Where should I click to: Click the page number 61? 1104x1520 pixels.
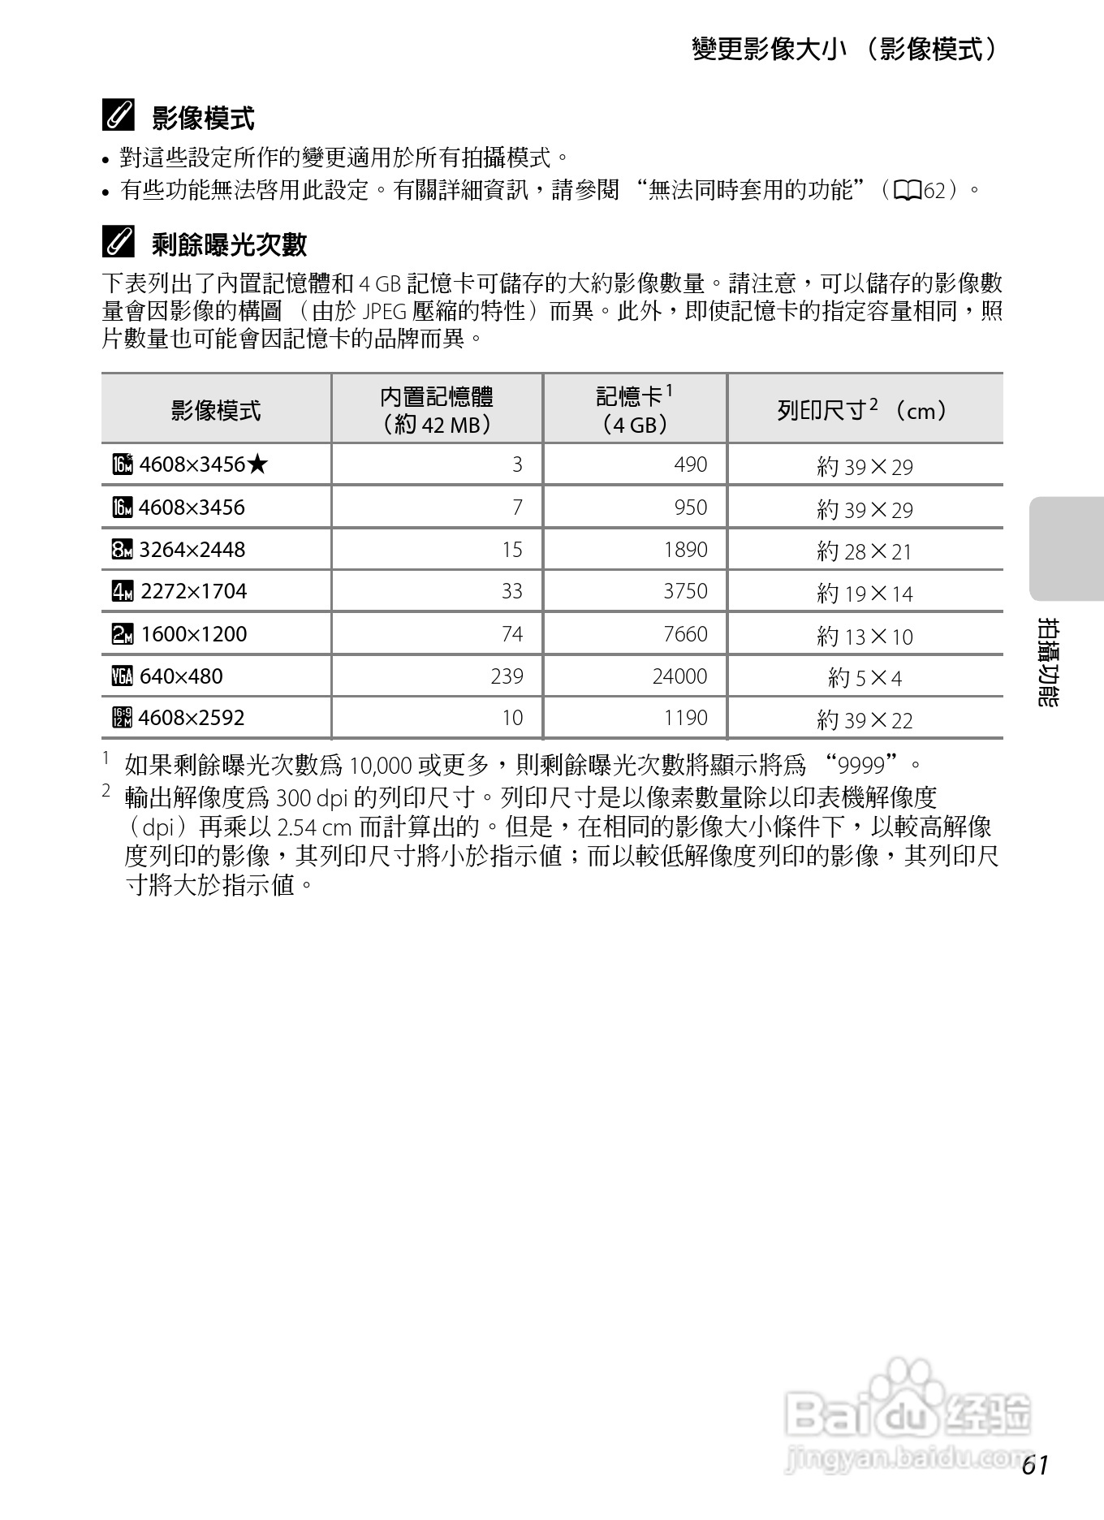click(1035, 1465)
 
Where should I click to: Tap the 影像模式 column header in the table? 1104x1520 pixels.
click(216, 410)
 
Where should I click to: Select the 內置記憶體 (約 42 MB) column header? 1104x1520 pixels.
click(437, 410)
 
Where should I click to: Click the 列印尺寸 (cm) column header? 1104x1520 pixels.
click(864, 410)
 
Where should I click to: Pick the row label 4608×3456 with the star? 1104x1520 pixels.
click(192, 464)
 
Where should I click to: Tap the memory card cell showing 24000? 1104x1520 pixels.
click(679, 676)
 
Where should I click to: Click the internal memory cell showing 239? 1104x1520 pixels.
click(507, 676)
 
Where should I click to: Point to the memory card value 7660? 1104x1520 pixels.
click(685, 633)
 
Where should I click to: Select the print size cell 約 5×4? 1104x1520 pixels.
click(865, 677)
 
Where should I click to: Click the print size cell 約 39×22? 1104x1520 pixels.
click(865, 719)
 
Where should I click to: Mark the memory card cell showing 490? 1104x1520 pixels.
click(690, 464)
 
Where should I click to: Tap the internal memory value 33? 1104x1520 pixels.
click(511, 591)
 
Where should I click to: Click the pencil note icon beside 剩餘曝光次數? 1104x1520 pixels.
click(119, 243)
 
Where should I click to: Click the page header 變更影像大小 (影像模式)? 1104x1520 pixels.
click(844, 50)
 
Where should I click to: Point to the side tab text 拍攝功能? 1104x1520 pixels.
click(1049, 662)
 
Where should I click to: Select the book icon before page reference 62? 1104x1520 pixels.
click(907, 191)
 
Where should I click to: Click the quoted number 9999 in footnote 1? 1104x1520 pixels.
click(862, 765)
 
